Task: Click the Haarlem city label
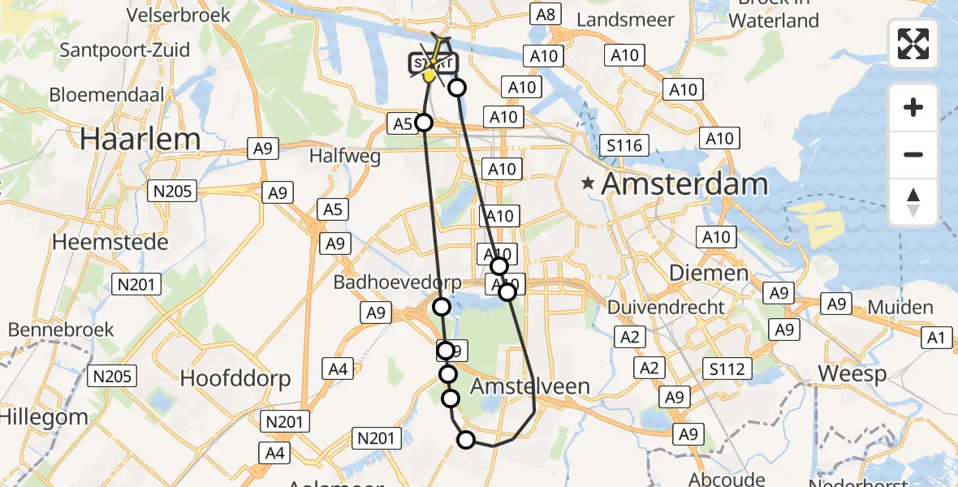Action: [140, 139]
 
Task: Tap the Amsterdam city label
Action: [684, 184]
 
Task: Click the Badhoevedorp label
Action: [397, 282]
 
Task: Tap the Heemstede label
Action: [110, 242]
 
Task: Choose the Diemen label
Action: [697, 273]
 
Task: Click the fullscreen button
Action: [913, 44]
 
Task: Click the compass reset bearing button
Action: [913, 202]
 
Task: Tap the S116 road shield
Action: [624, 146]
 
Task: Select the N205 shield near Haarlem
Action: [172, 191]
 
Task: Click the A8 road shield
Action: [546, 14]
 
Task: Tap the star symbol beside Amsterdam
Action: [588, 184]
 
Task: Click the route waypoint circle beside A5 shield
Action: [424, 123]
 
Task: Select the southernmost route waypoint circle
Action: [466, 440]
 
